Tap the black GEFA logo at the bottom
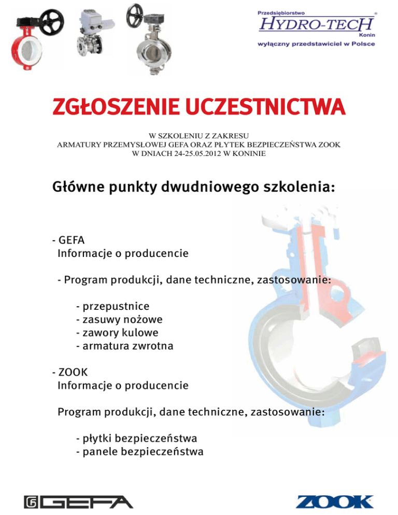coord(78,502)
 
